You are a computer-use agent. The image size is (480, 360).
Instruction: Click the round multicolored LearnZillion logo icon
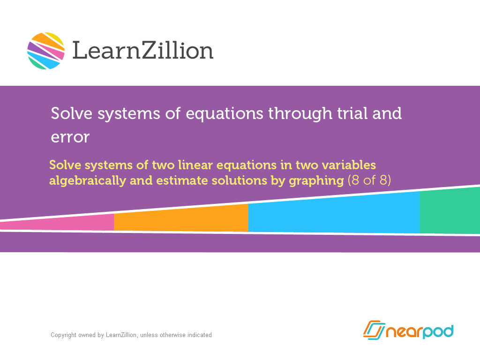pos(46,51)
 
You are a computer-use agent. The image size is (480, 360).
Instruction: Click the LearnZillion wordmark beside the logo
pos(142,50)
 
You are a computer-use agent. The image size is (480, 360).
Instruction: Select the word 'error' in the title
pos(70,137)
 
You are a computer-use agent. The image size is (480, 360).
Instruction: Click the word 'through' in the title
pos(291,113)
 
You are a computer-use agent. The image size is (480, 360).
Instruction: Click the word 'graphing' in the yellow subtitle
pos(314,181)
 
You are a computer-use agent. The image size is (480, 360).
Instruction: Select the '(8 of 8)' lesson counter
pos(369,181)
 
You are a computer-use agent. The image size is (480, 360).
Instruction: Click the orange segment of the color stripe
pos(181,218)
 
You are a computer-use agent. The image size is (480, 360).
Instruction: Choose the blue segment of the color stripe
pos(333,213)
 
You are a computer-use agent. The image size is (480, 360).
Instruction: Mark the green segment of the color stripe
pos(450,211)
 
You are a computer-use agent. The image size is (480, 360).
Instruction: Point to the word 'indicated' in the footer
pos(199,335)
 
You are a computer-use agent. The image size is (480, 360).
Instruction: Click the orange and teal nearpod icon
pos(373,330)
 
